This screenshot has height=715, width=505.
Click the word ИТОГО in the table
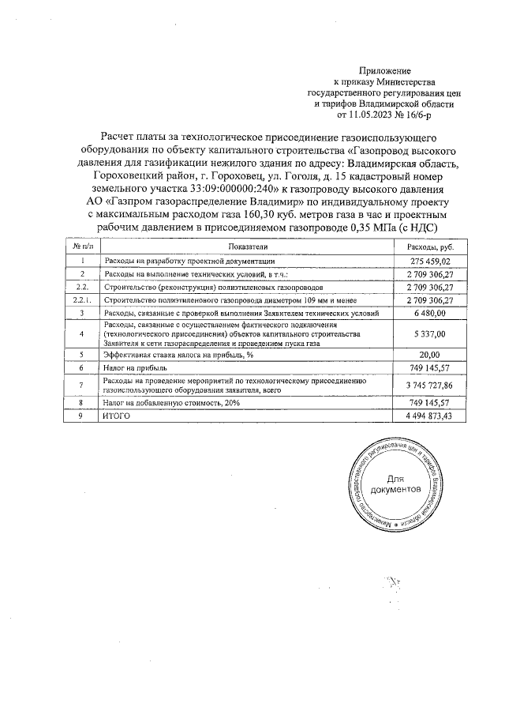pos(118,416)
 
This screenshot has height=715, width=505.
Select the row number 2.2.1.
pos(82,300)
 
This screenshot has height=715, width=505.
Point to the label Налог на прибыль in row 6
pos(135,367)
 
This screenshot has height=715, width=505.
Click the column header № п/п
pos(82,247)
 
